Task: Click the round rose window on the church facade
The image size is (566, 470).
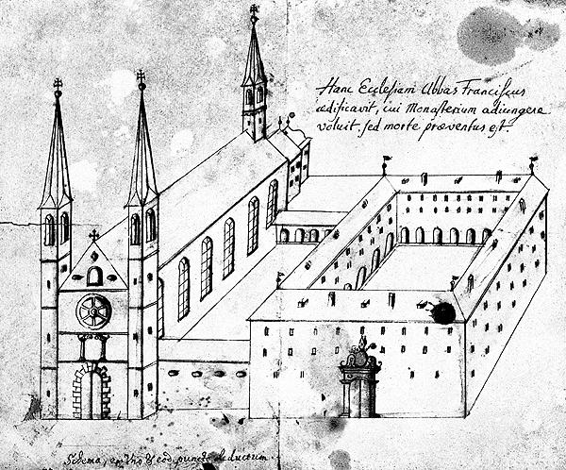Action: click(94, 311)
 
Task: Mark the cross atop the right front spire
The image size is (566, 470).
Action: click(141, 78)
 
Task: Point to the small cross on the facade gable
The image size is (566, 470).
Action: click(93, 235)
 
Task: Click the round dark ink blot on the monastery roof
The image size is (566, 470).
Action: click(441, 311)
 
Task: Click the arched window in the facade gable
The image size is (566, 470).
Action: click(93, 276)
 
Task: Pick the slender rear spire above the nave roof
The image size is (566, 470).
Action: click(254, 71)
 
